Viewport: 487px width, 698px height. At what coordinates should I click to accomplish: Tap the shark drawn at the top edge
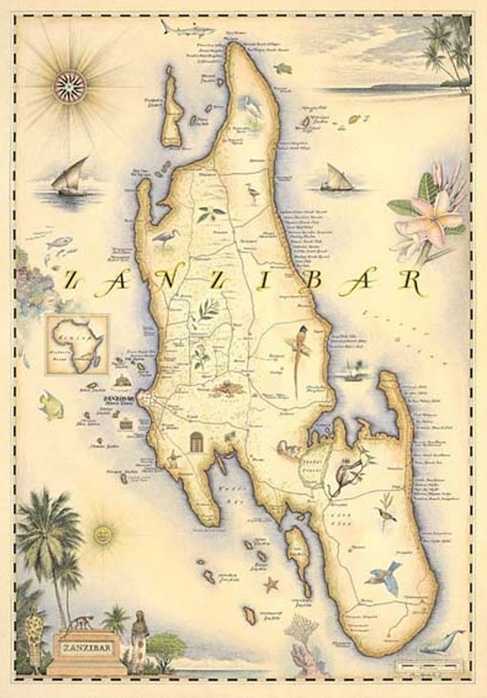tap(180, 27)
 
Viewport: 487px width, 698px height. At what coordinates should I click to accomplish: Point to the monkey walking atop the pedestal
tap(81, 622)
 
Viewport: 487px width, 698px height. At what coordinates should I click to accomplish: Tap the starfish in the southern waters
tap(271, 585)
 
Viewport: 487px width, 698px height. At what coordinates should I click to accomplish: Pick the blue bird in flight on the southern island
tap(384, 576)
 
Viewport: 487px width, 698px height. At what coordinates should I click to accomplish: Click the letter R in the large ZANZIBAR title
tap(408, 281)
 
